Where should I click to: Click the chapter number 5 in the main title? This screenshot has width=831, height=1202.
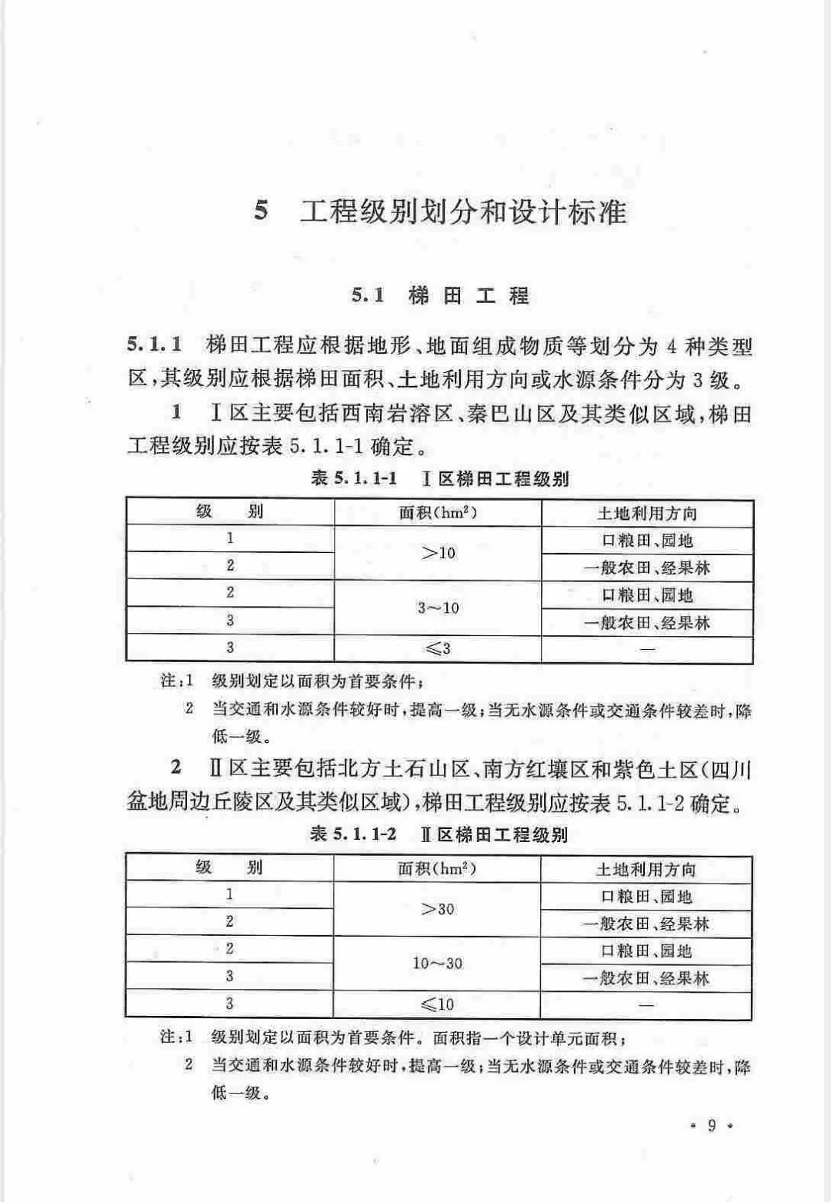tap(262, 211)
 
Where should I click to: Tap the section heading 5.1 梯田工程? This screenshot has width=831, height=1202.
tap(440, 296)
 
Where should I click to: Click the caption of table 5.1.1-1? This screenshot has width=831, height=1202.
tap(439, 478)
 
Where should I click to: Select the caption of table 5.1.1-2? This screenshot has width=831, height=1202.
tap(439, 834)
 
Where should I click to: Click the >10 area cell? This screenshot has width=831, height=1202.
tap(439, 553)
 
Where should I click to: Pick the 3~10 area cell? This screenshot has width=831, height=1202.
tap(439, 608)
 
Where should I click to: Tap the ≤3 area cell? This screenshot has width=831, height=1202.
tap(439, 649)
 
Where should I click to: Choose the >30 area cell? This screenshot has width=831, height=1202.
tap(438, 909)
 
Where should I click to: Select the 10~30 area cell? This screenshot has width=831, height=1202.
tap(438, 964)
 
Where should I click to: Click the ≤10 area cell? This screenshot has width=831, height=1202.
tap(438, 1004)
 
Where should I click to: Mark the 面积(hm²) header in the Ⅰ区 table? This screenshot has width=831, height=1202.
tap(438, 513)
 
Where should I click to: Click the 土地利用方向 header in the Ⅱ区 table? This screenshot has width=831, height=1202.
tap(646, 869)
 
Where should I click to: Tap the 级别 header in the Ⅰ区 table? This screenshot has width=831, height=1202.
tap(229, 512)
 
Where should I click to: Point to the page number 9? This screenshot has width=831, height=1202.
tap(712, 1126)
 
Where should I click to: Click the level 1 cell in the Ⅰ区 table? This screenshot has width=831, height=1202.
tap(229, 538)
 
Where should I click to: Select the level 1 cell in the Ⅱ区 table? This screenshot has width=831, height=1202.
tap(229, 894)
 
